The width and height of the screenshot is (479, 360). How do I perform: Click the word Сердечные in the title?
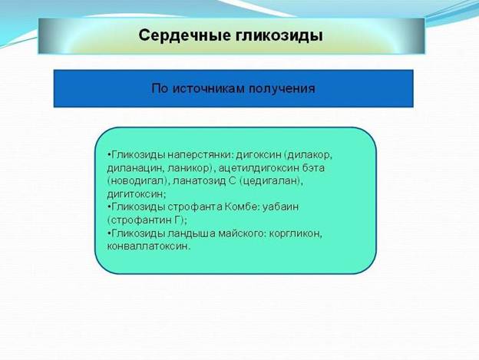point(184,36)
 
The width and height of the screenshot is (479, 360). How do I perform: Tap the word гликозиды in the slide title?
point(279,36)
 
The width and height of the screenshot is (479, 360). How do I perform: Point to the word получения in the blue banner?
point(282,89)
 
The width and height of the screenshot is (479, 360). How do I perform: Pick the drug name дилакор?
point(309,155)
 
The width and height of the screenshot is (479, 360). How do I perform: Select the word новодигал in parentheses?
point(137,181)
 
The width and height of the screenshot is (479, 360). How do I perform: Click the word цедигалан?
point(269,181)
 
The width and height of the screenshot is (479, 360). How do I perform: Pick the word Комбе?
point(239,207)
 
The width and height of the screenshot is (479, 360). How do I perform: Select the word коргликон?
point(295,233)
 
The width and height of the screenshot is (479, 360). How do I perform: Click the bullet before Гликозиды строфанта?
point(109,207)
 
